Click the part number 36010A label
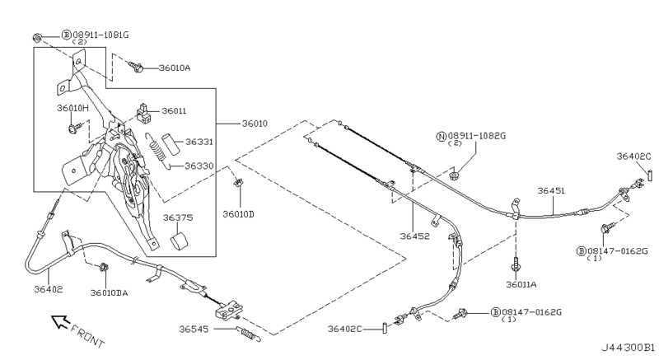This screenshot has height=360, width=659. [x=173, y=68]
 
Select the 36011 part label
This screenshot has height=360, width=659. [x=174, y=110]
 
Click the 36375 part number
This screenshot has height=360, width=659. [x=177, y=218]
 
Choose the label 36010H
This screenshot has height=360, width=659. [x=72, y=108]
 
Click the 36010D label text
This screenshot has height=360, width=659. [x=238, y=214]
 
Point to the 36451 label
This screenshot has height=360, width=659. [x=551, y=190]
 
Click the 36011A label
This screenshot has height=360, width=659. [x=521, y=284]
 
